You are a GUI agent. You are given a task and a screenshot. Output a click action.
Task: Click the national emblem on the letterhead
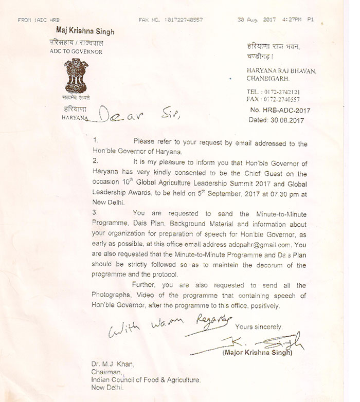coord(76,78)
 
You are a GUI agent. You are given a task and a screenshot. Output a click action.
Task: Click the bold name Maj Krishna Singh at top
coord(82,32)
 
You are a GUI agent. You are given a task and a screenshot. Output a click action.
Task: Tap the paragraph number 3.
coord(96,212)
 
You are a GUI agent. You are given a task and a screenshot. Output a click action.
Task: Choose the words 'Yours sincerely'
coord(258,327)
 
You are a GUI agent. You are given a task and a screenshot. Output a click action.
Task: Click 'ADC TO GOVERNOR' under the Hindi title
coord(76,52)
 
